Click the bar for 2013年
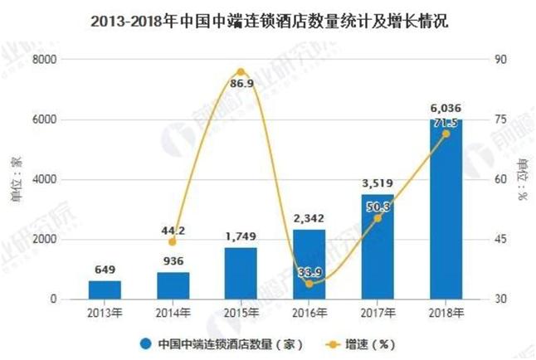tap(105, 289)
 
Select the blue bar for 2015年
tap(241, 273)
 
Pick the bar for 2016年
tap(309, 264)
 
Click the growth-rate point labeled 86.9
tap(241, 72)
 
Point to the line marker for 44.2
tap(173, 241)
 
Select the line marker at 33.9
tap(309, 283)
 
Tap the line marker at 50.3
tap(378, 217)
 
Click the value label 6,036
tap(446, 108)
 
